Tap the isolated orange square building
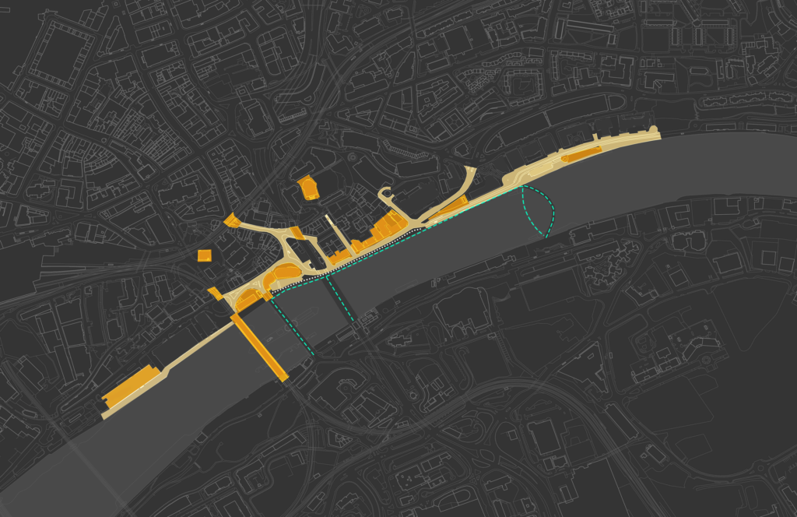205,255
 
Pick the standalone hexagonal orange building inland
308,188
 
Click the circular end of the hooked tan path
384,194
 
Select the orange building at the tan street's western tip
231,222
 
